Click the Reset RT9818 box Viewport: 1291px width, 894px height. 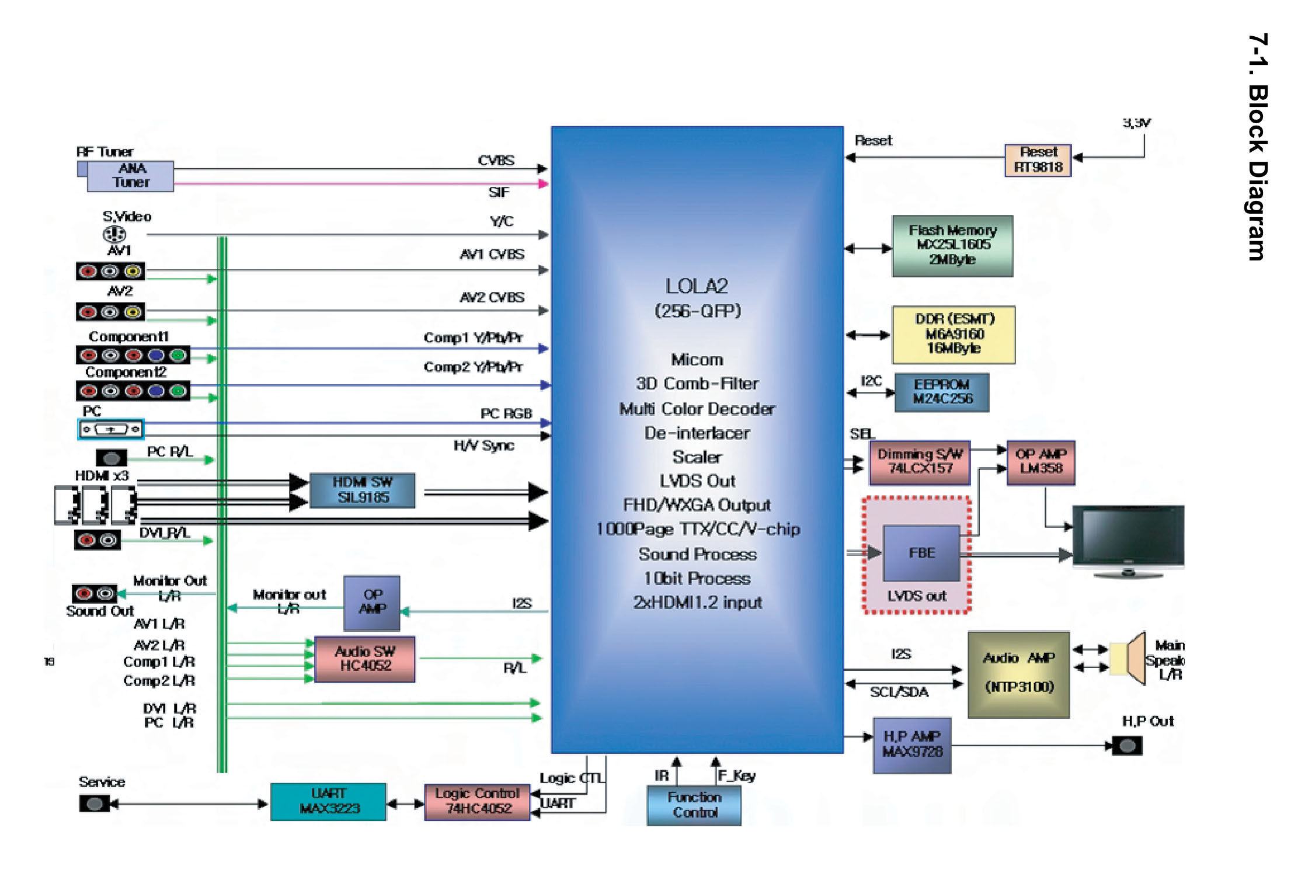click(x=1038, y=160)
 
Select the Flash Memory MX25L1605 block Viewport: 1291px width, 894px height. click(x=952, y=245)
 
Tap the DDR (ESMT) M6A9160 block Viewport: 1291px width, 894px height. click(x=954, y=335)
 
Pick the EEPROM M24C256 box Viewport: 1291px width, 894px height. click(x=942, y=392)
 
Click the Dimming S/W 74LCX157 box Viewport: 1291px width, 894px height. click(x=920, y=462)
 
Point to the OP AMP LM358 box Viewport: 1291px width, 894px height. click(x=1041, y=462)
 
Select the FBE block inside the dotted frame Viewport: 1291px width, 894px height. click(x=921, y=552)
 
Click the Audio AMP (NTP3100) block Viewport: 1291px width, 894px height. click(x=1019, y=674)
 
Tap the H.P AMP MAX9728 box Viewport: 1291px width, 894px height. click(x=912, y=745)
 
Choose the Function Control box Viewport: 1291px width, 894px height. click(x=694, y=805)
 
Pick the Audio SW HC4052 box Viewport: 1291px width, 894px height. click(x=365, y=659)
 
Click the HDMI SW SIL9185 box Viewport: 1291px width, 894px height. click(x=362, y=490)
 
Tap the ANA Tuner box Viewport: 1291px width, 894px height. click(x=130, y=176)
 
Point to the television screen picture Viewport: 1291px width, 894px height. click(x=1128, y=537)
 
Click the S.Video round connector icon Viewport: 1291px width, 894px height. click(x=114, y=234)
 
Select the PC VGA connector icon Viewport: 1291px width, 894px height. click(x=111, y=429)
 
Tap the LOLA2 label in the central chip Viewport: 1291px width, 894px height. click(x=697, y=286)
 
